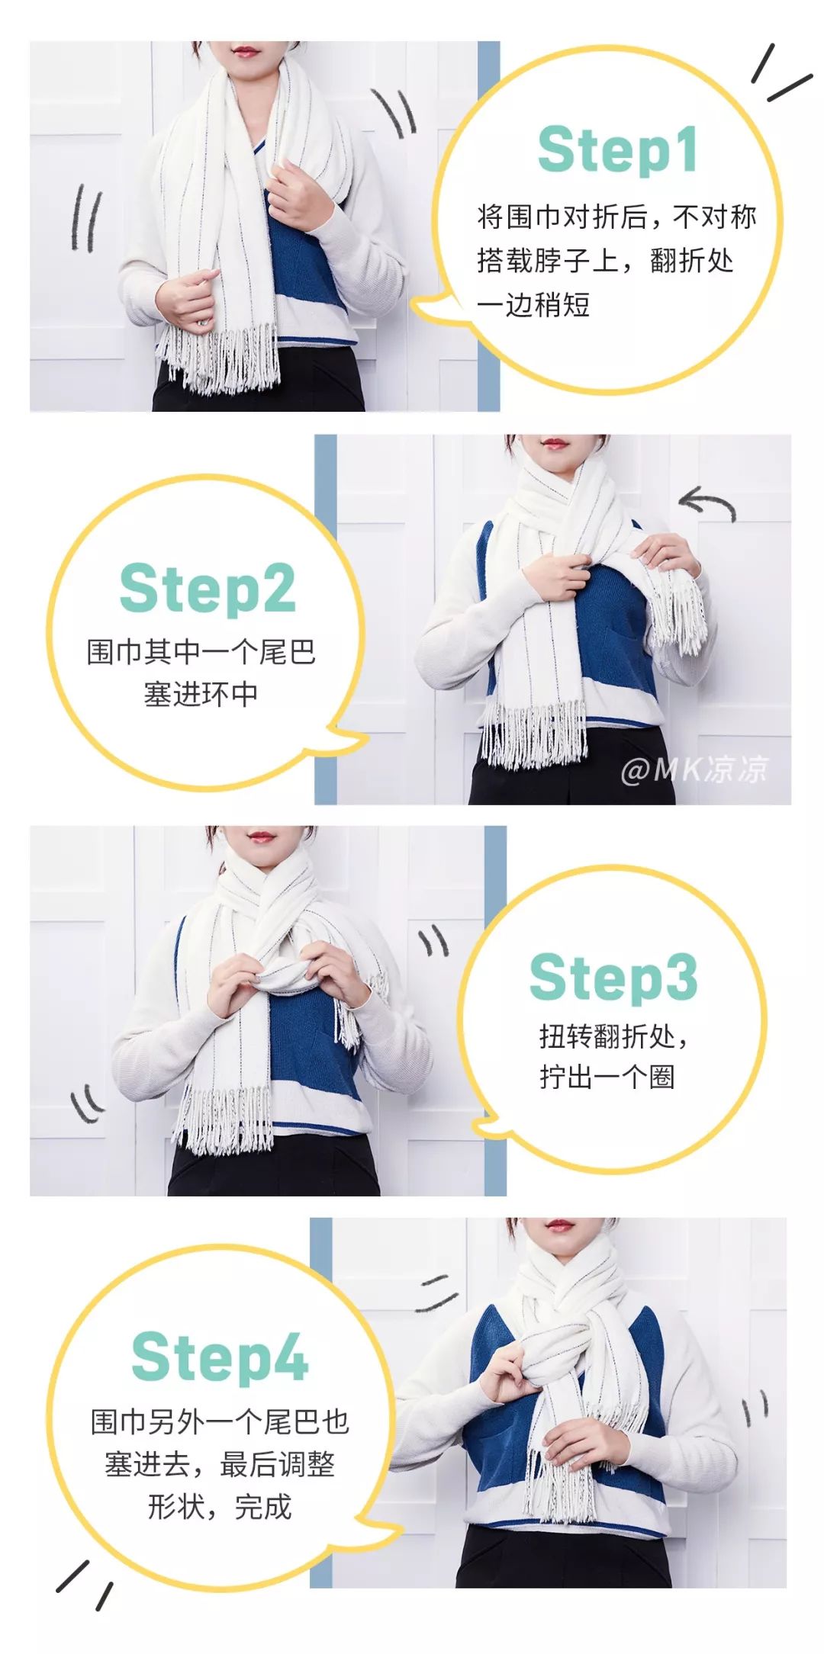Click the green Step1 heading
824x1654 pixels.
click(x=617, y=150)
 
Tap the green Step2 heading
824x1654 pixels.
click(x=207, y=589)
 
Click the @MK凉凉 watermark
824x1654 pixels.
click(x=695, y=769)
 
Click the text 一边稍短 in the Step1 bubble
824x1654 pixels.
click(x=533, y=305)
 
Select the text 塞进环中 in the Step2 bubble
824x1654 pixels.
click(x=201, y=695)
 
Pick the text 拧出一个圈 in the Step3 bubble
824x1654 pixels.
click(x=607, y=1077)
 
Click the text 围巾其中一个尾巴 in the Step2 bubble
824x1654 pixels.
click(x=201, y=652)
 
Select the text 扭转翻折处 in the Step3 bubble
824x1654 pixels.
click(x=607, y=1036)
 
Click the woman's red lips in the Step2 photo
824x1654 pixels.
click(x=555, y=444)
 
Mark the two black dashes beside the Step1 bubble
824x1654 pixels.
click(x=780, y=73)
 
